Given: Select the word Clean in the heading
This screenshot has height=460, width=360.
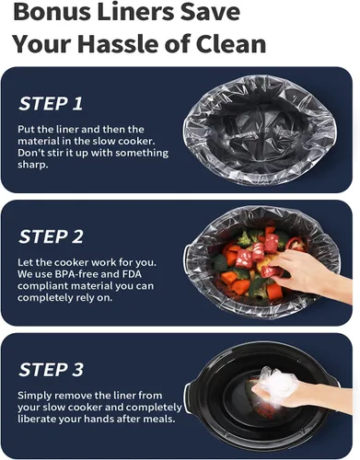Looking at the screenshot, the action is coord(231,43).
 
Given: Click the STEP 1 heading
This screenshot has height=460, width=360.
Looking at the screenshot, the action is coord(51,103).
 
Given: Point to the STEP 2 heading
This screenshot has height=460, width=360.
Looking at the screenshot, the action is coord(51,236).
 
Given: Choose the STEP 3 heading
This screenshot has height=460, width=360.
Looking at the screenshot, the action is coord(51,369).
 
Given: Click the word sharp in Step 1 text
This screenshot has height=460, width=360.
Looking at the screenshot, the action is coord(31,165).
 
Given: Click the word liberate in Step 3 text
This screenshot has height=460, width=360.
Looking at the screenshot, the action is coord(37,419).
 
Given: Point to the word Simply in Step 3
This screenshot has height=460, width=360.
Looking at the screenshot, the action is coord(33,396).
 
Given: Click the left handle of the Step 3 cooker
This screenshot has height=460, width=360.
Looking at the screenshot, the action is coord(188,397).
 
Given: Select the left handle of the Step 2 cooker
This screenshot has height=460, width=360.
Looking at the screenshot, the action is coord(186,256).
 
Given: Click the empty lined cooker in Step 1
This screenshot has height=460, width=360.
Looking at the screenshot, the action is coord(260,130).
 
